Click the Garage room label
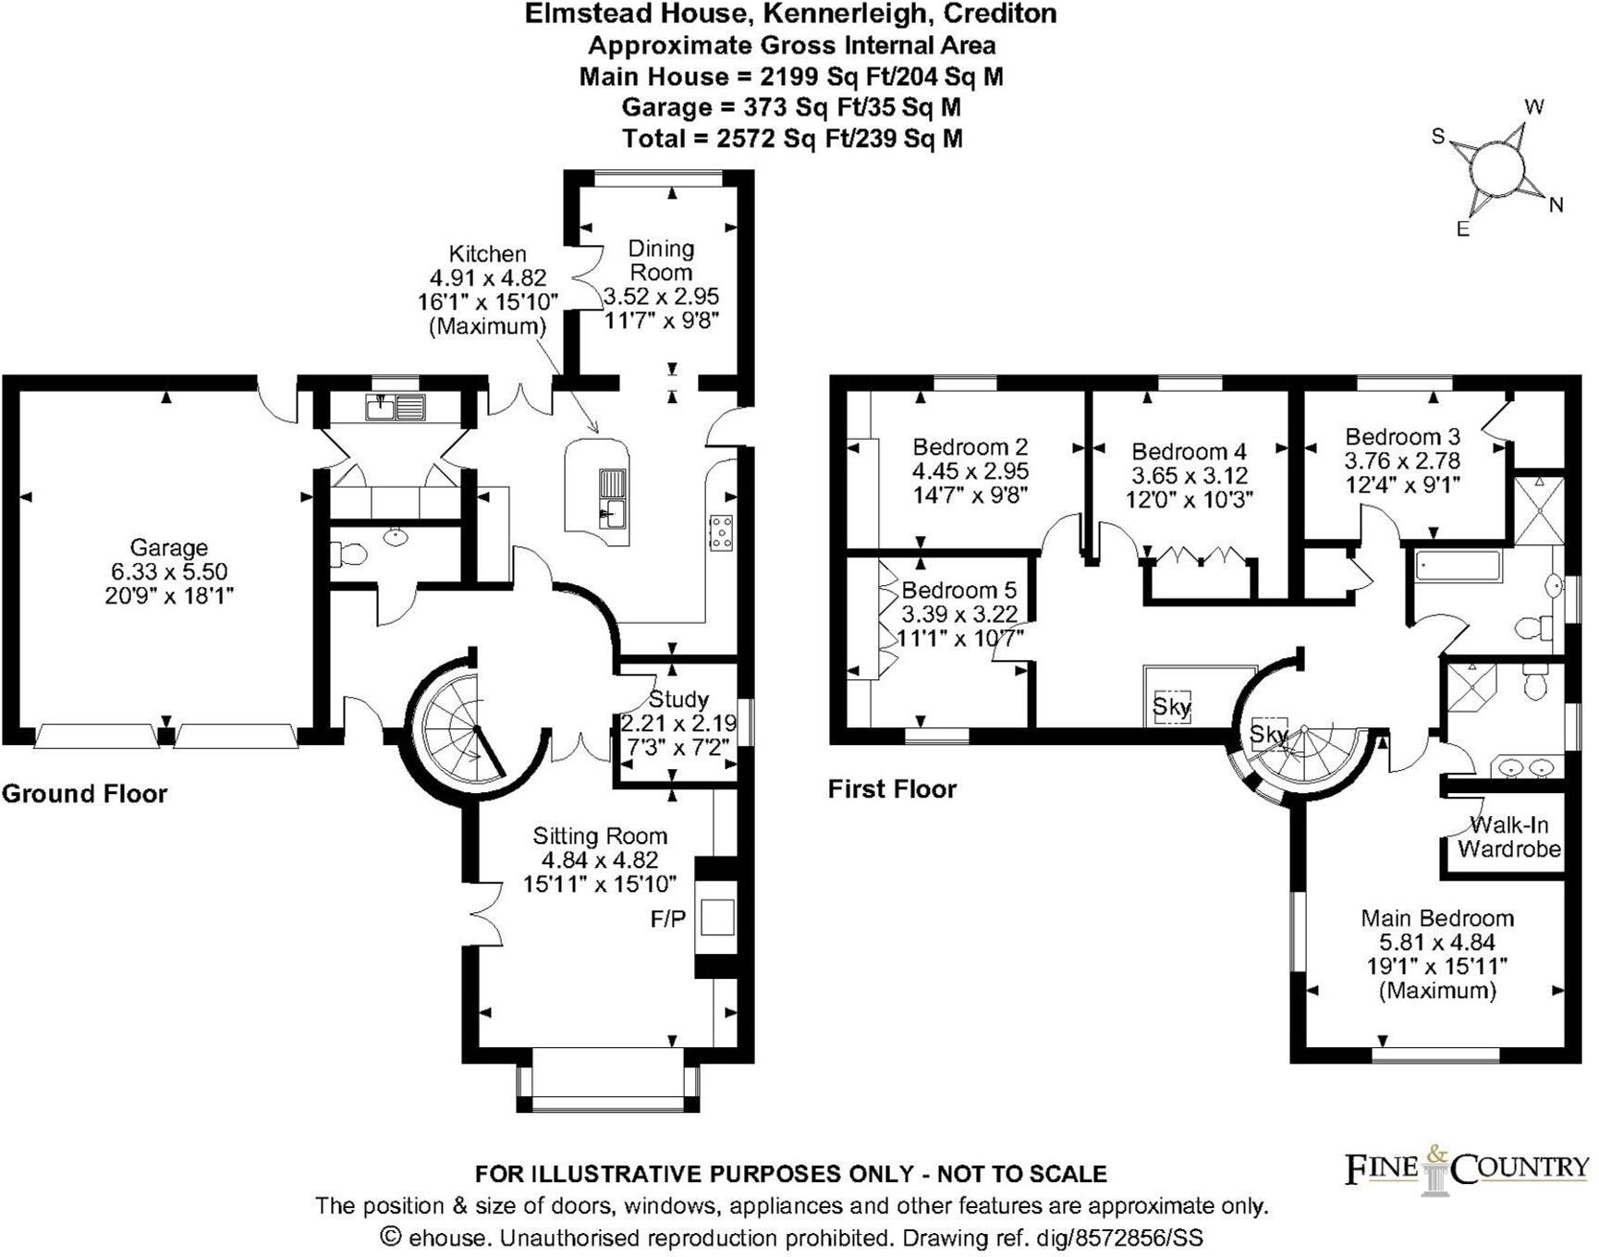pyautogui.click(x=168, y=547)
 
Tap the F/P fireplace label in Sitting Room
pyautogui.click(x=668, y=919)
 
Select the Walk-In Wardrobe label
pyautogui.click(x=1508, y=836)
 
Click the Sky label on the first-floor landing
pyautogui.click(x=1171, y=707)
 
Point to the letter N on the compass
pyautogui.click(x=1556, y=205)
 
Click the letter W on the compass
pyautogui.click(x=1534, y=106)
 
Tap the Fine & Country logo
pyautogui.click(x=1466, y=1169)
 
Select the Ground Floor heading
pyautogui.click(x=84, y=793)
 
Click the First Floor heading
pyautogui.click(x=892, y=788)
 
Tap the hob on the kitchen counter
pyautogui.click(x=721, y=532)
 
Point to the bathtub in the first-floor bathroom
pyautogui.click(x=1456, y=566)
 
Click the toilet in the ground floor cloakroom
pyautogui.click(x=348, y=555)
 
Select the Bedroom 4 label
pyautogui.click(x=1189, y=451)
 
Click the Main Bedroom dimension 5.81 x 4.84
pyautogui.click(x=1436, y=942)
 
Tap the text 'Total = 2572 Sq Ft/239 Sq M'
pyautogui.click(x=792, y=139)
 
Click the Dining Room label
pyautogui.click(x=660, y=260)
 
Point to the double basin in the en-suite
pyautogui.click(x=1525, y=767)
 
